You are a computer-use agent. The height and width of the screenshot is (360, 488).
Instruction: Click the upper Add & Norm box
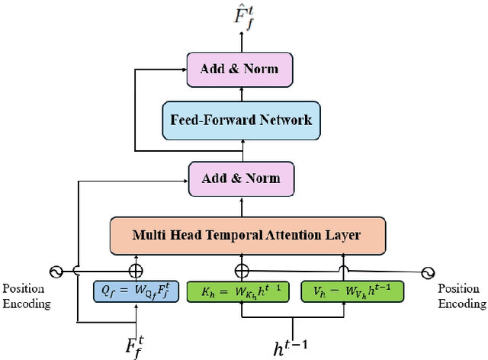(239, 69)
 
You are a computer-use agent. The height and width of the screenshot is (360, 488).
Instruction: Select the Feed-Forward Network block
(241, 120)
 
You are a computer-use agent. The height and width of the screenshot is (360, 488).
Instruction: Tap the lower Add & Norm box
(241, 178)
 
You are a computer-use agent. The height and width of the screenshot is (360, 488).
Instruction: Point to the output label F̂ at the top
(242, 16)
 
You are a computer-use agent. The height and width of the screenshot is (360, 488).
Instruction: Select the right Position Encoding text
(462, 297)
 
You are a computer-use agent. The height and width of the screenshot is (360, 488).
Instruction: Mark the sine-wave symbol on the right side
(428, 271)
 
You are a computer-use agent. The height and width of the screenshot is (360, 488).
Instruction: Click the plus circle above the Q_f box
(136, 271)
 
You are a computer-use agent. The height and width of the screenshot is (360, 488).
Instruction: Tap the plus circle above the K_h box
(242, 271)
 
